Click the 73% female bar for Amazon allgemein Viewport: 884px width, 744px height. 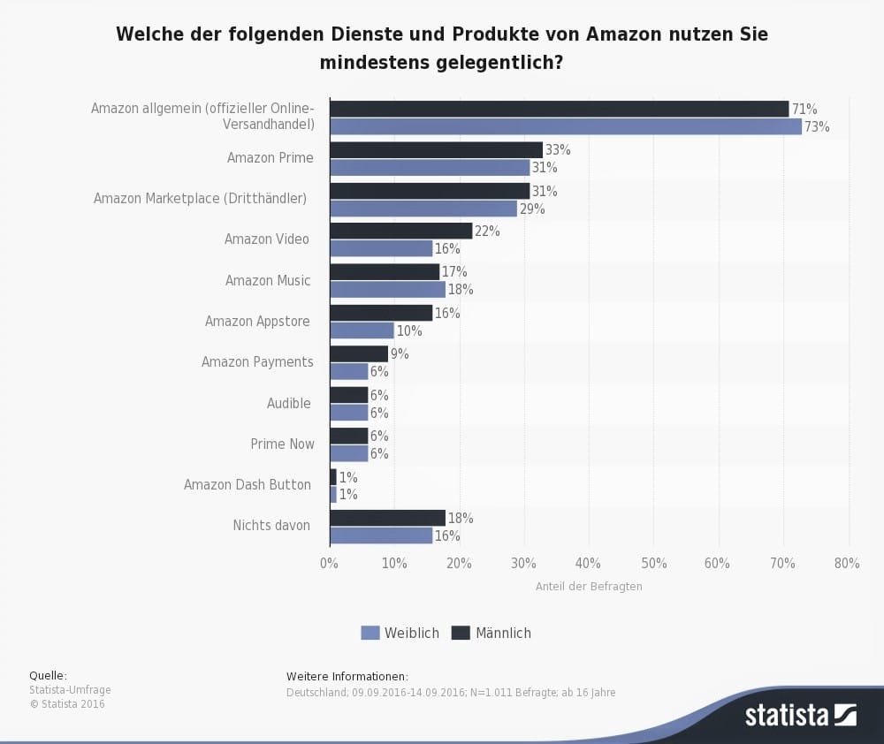[566, 126]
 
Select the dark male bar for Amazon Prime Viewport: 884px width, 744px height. [436, 149]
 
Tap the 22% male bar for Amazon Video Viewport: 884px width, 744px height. [400, 231]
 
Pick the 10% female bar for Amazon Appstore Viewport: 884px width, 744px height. [362, 330]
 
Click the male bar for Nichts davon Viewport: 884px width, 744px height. [387, 518]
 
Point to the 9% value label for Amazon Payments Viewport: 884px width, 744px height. [399, 354]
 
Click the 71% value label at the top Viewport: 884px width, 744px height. [804, 109]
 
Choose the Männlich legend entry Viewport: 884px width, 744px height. [492, 633]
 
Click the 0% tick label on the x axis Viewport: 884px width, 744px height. [329, 564]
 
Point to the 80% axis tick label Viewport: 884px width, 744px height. [846, 564]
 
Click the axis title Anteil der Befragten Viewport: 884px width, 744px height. [589, 586]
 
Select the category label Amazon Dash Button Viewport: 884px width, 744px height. [248, 484]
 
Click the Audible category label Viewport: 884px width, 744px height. [289, 403]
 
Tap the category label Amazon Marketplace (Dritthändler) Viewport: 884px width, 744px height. [200, 198]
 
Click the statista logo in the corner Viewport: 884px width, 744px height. [800, 714]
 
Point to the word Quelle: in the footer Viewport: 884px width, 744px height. [48, 675]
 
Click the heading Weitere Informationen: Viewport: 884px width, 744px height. [347, 676]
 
